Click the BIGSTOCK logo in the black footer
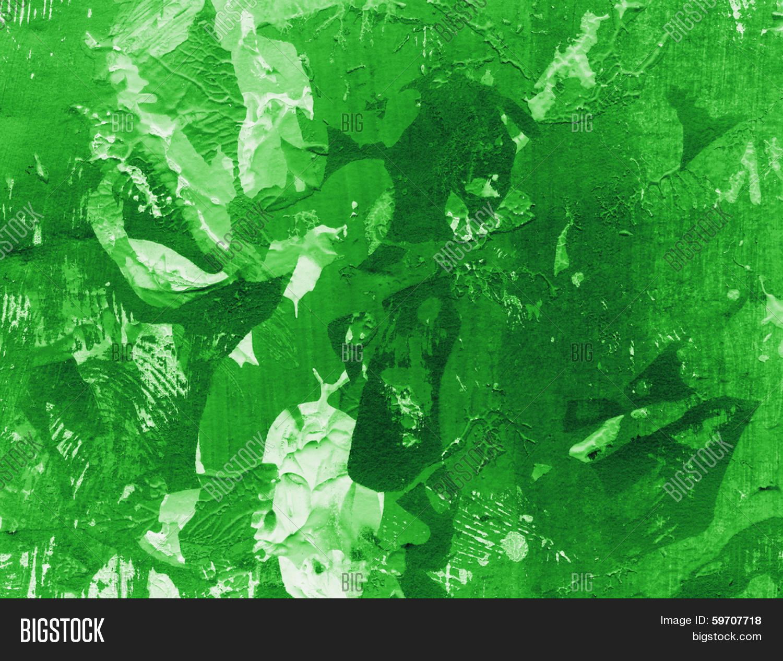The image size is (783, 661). coord(62,630)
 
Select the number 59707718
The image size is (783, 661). coord(736,621)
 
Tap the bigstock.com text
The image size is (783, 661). coord(727,636)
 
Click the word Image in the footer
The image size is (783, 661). coord(674,621)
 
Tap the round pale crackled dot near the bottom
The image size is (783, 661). coord(515,546)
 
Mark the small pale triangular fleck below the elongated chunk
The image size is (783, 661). coord(541,471)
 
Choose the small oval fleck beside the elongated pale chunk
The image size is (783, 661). coord(639,414)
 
